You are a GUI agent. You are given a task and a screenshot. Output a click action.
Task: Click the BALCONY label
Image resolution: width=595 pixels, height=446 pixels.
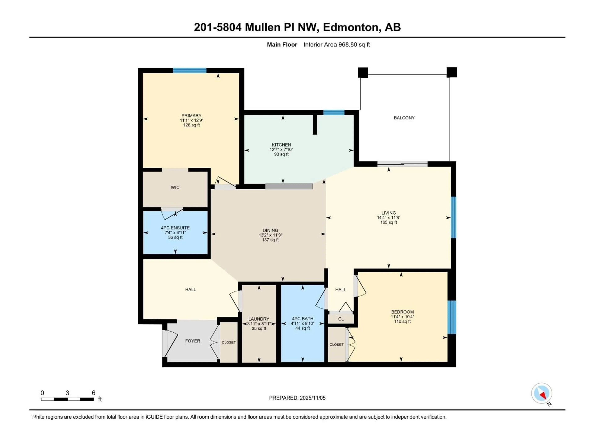tap(404, 118)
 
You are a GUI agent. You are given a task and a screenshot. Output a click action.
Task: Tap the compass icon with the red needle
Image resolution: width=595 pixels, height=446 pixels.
tap(542, 393)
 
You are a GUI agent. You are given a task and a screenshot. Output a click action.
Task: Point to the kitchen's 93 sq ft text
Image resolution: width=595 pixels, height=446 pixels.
tap(281, 154)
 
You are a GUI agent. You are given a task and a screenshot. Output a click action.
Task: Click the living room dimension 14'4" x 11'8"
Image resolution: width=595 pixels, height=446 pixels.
tap(388, 217)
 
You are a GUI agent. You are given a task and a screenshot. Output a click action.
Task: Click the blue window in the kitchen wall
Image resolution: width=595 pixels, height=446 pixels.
tap(334, 112)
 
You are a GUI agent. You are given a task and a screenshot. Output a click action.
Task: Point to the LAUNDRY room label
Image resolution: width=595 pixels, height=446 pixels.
tap(259, 319)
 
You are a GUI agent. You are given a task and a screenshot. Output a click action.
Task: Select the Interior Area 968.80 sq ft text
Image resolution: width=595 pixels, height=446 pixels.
tap(337, 45)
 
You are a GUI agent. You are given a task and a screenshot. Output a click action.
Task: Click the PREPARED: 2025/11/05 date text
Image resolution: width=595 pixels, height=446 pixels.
tap(297, 398)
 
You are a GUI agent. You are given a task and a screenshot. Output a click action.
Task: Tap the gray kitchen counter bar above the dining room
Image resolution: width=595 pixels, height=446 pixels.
tap(289, 186)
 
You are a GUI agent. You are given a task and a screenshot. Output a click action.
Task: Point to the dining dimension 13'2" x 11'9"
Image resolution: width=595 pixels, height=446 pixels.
tap(270, 235)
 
